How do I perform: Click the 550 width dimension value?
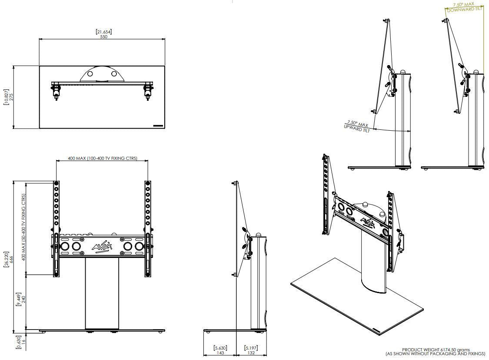(x=103, y=37)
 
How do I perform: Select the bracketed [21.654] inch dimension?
(x=104, y=32)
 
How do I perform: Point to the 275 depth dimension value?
(x=12, y=97)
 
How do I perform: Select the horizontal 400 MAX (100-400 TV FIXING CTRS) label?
(x=102, y=159)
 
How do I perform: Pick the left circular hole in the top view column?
(x=90, y=74)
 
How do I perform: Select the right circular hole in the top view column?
(x=114, y=74)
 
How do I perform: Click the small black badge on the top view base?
(x=158, y=126)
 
